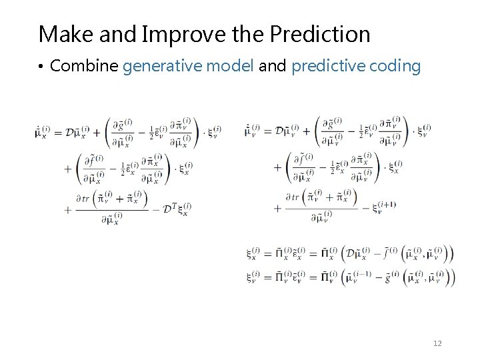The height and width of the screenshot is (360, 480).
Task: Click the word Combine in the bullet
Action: [x=85, y=66]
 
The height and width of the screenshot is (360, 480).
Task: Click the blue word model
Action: [x=230, y=66]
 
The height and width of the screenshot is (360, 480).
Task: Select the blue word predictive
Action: [x=324, y=66]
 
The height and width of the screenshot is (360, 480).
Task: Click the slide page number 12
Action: [x=437, y=343]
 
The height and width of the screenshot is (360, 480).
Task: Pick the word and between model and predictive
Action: [x=272, y=66]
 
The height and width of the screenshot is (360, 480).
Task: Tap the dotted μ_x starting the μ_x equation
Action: [x=43, y=132]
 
